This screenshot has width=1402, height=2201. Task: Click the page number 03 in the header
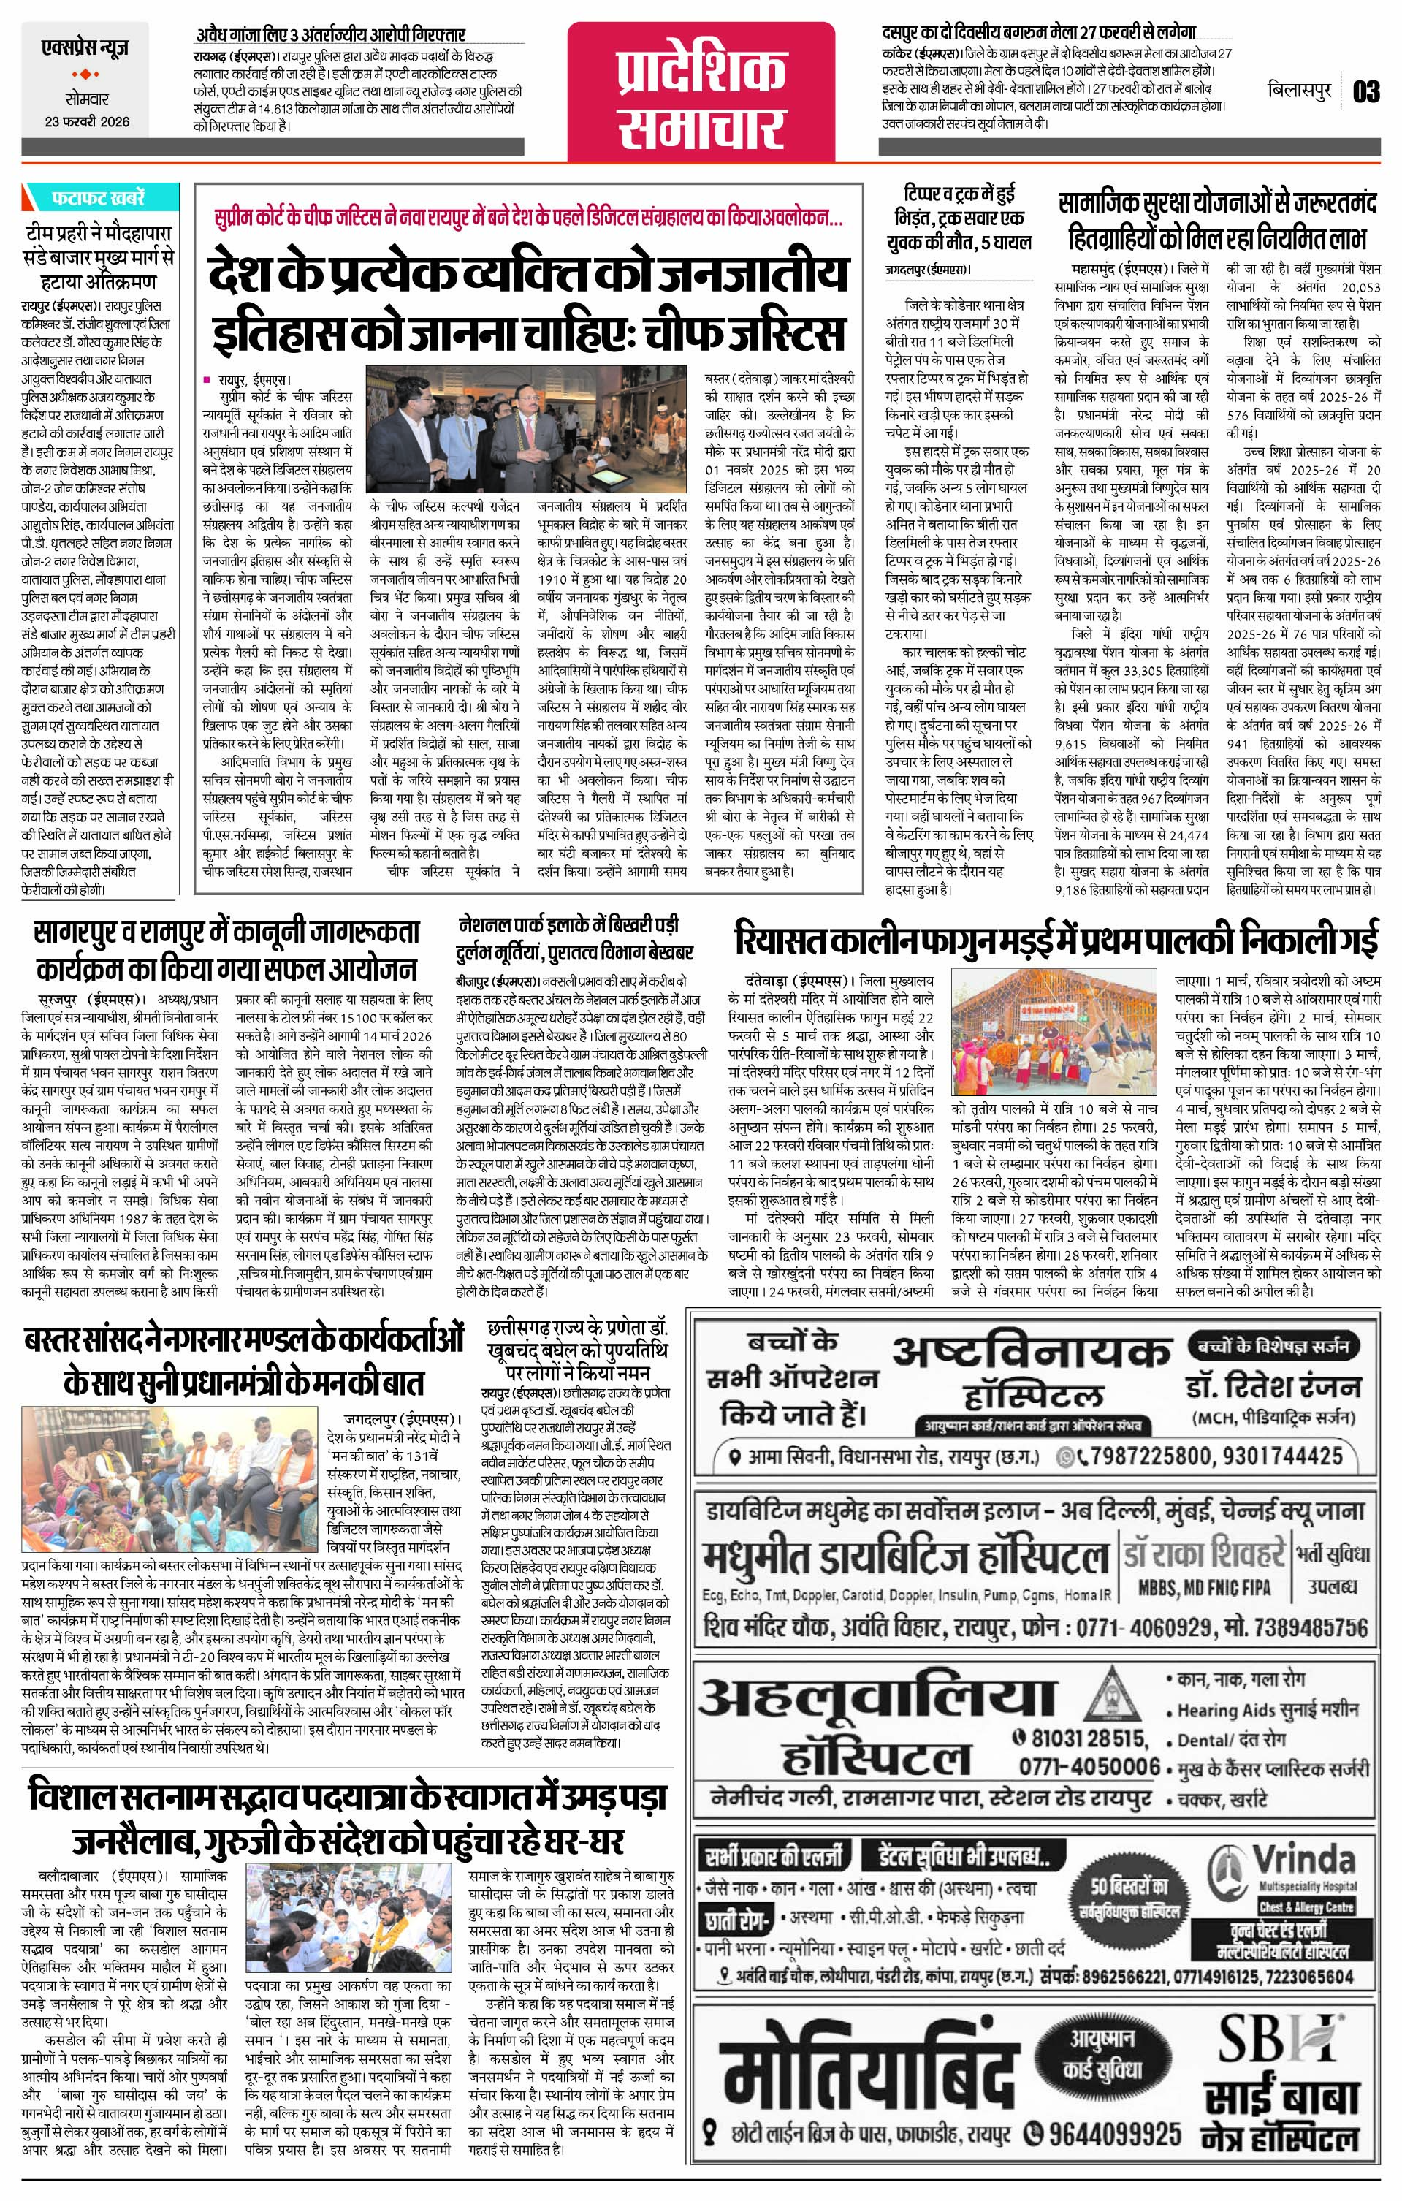pyautogui.click(x=1367, y=92)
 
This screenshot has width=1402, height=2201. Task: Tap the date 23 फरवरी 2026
pyautogui.click(x=86, y=121)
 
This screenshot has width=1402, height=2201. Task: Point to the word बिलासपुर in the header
pyautogui.click(x=1300, y=92)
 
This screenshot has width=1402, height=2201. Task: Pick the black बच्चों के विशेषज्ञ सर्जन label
pyautogui.click(x=1271, y=1345)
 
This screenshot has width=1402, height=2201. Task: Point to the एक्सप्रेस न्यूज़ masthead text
pyautogui.click(x=86, y=47)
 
